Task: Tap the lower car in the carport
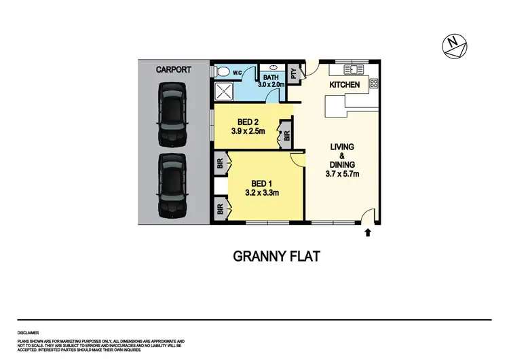[x=172, y=185]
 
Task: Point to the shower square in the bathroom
[x=226, y=92]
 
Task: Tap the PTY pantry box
[x=295, y=75]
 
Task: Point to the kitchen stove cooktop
[x=374, y=84]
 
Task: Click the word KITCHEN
[x=345, y=85]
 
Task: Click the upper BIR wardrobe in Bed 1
[x=221, y=163]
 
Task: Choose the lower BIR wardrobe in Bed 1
[x=221, y=209]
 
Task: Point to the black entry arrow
[x=368, y=233]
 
